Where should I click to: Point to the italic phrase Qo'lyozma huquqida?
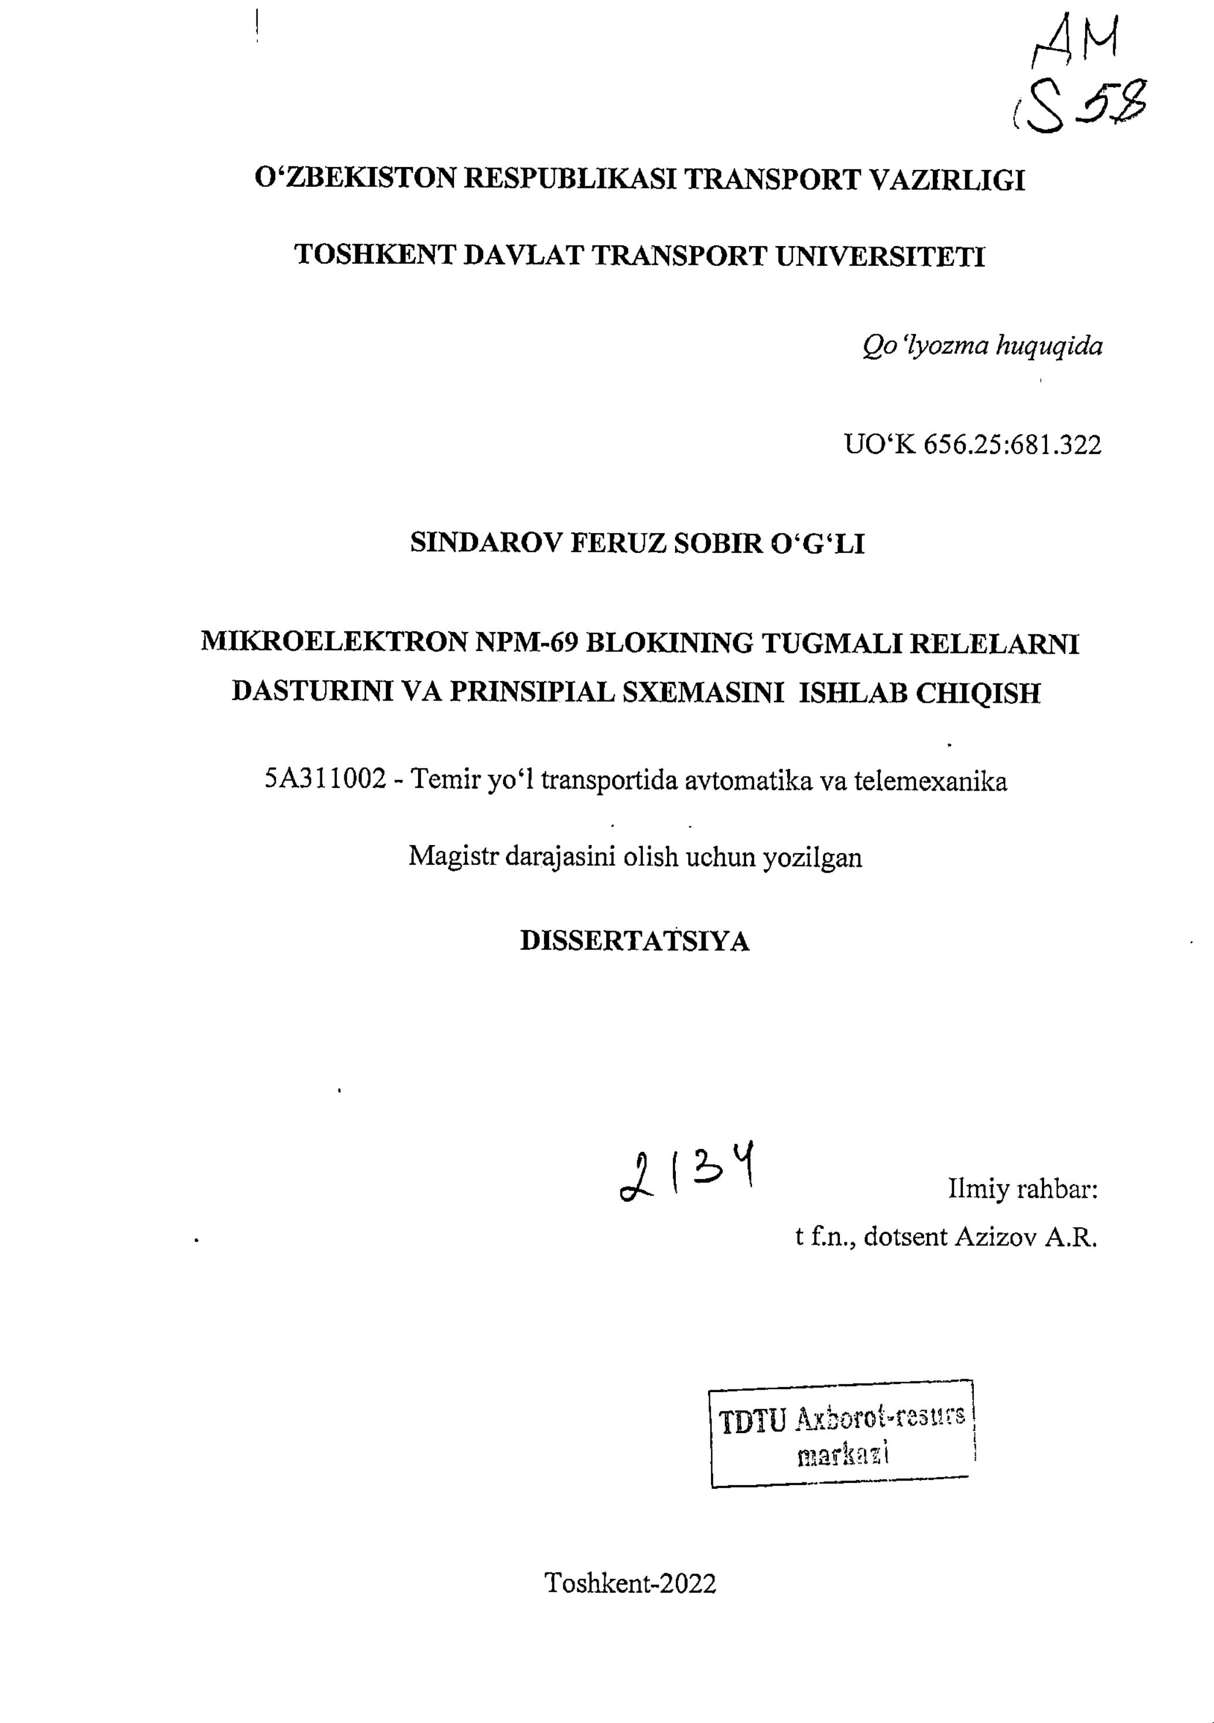(x=982, y=346)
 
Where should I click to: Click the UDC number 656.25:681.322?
(x=1012, y=445)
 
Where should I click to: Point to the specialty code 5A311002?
(x=324, y=781)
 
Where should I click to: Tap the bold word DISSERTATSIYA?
(x=635, y=941)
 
